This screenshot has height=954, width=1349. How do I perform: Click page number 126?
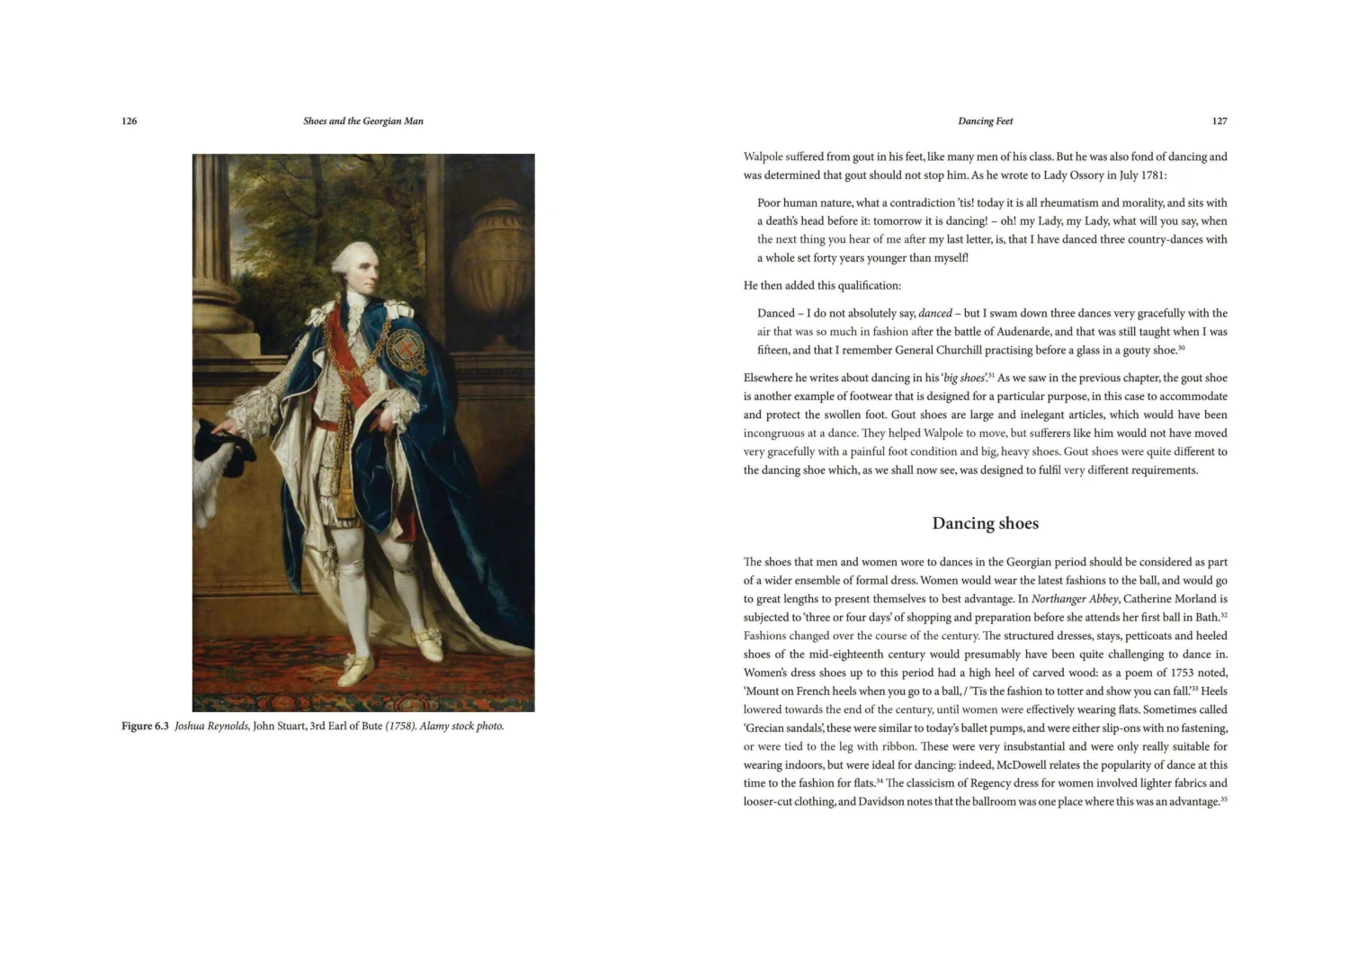coord(130,121)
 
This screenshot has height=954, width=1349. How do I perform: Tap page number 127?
coord(1219,121)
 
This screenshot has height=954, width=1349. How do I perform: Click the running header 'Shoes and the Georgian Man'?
coord(363,121)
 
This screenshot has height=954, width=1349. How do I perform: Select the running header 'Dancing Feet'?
coord(985,121)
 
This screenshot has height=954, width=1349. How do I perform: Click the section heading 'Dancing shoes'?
coord(985,523)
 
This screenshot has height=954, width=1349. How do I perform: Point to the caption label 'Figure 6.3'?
coord(146,727)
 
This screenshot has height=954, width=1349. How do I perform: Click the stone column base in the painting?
coord(216,306)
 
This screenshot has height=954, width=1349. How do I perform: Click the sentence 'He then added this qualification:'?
coord(822,286)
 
